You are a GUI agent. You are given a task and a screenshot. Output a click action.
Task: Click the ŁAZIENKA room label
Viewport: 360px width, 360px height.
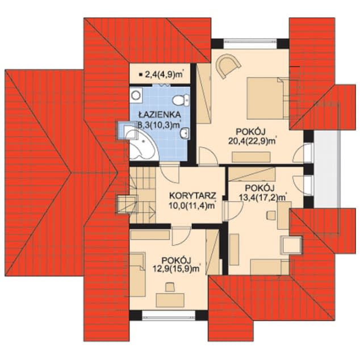160,114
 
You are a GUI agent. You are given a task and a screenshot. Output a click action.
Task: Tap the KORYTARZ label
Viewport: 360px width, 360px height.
192,195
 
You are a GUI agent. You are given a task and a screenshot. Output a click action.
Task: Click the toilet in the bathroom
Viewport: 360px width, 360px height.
181,101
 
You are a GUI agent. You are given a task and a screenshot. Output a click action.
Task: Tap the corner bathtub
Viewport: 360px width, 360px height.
143,145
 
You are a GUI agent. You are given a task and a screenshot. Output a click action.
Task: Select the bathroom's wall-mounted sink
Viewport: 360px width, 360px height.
185,133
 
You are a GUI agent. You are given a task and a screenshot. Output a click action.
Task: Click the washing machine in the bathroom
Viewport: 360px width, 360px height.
136,95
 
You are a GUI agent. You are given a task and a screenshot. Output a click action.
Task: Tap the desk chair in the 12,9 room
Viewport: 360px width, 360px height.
170,287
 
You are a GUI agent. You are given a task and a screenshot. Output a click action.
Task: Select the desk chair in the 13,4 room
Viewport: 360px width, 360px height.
271,215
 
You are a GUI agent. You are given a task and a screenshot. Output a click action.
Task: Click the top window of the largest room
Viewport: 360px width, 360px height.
250,44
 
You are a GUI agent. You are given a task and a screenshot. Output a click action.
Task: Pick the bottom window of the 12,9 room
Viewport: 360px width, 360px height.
169,315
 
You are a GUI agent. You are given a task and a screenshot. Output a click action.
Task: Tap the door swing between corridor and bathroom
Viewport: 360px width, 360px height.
169,174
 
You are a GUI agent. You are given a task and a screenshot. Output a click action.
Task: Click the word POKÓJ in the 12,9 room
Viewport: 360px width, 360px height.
177,261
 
